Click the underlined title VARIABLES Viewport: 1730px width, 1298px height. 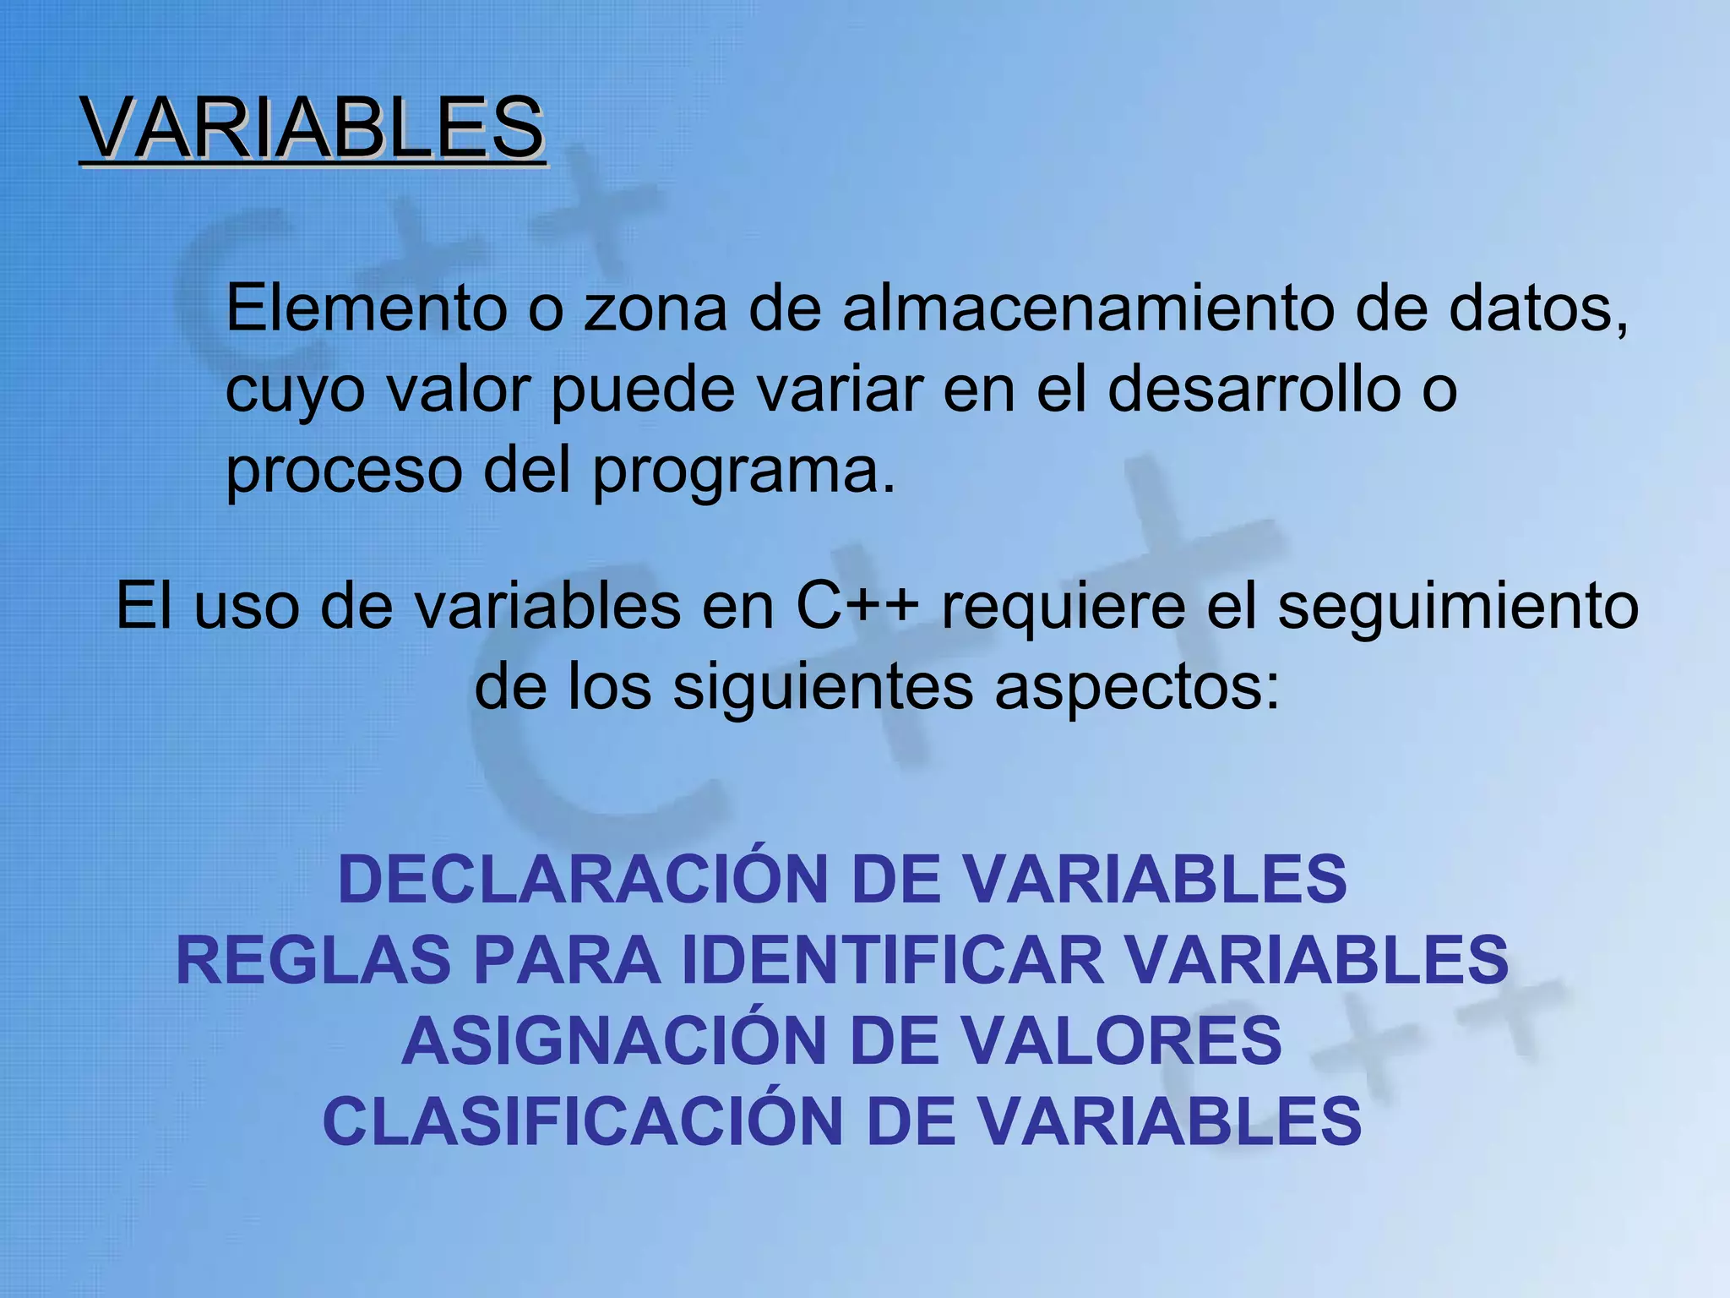point(313,128)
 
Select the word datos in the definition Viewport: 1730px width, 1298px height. point(1537,308)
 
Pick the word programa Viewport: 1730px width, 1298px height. point(743,472)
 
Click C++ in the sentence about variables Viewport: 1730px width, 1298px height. point(857,606)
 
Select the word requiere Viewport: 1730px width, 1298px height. point(1064,606)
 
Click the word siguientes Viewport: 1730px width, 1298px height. point(824,688)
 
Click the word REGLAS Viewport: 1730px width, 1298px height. point(313,960)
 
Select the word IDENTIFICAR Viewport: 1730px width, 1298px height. point(893,960)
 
